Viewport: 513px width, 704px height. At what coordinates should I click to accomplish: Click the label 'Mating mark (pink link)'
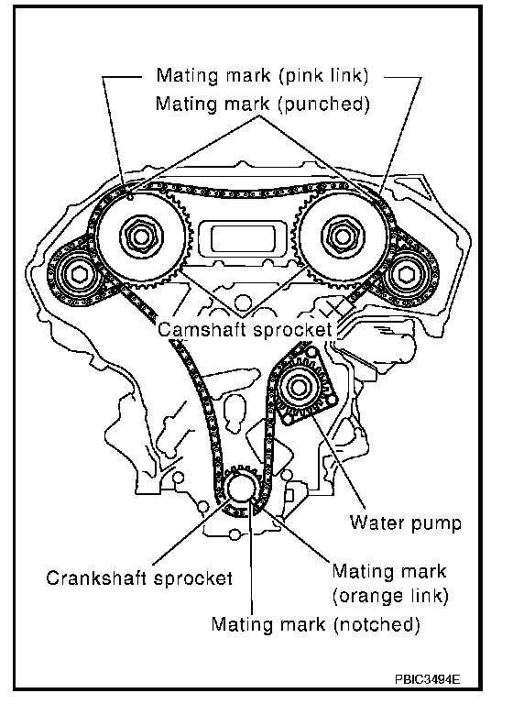(262, 75)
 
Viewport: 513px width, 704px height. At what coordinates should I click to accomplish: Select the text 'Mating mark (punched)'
(263, 104)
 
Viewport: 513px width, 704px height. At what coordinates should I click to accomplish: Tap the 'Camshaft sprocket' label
(245, 330)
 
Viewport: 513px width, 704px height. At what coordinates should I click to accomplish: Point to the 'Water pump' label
(406, 523)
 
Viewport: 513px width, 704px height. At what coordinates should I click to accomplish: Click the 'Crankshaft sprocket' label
(139, 577)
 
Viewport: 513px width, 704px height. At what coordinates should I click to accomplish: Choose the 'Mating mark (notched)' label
(315, 624)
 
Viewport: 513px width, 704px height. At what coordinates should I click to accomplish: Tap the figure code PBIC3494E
(428, 679)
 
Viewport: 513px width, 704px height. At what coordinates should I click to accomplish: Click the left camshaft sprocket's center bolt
(140, 236)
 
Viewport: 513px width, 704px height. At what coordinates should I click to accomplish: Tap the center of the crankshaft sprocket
(240, 489)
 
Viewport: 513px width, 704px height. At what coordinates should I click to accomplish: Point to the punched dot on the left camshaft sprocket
(130, 197)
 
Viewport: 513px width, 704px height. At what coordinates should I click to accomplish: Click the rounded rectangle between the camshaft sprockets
(243, 238)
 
